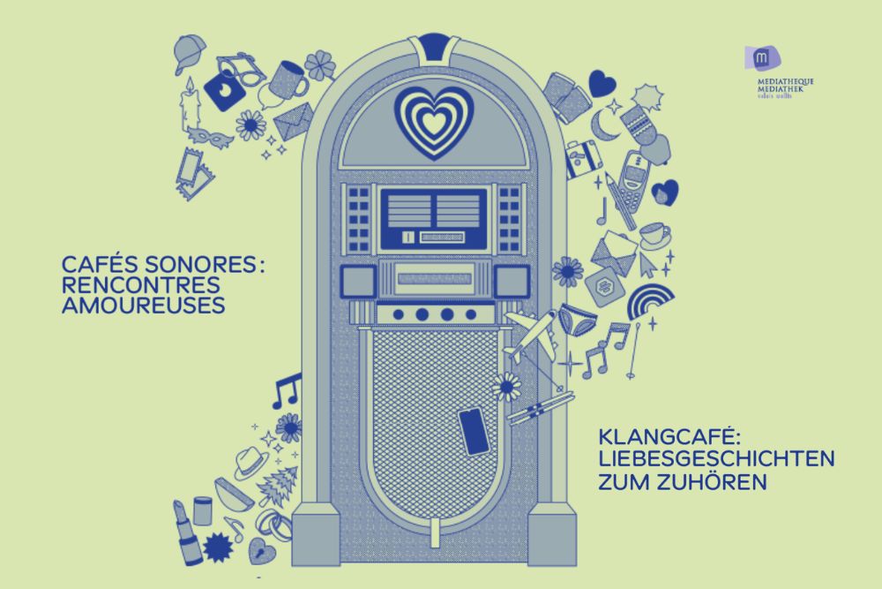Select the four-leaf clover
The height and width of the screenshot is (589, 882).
coord(320,64)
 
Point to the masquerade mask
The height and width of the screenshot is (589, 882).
coord(211,137)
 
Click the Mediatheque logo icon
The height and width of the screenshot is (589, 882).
coord(759,59)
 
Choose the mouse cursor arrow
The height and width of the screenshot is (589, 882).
coord(650,263)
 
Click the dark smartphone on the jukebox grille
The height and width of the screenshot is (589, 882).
coord(474,431)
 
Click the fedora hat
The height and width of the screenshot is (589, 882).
coord(250,461)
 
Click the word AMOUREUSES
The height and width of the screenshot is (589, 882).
coord(144,306)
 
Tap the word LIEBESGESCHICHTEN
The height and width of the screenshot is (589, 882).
coord(716,459)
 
